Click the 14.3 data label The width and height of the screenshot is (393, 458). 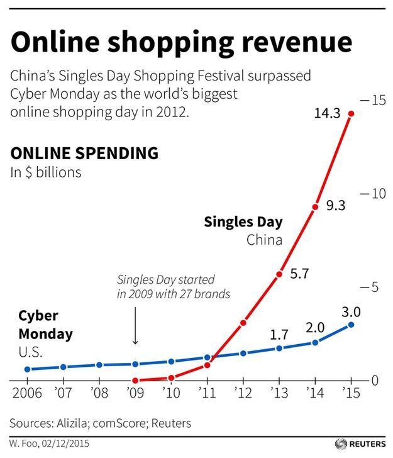click(x=326, y=114)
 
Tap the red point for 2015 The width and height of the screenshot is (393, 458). click(x=351, y=114)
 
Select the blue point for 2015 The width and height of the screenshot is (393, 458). click(x=351, y=325)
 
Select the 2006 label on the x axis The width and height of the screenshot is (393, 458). click(x=28, y=394)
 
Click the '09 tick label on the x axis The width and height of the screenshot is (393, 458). click(x=135, y=394)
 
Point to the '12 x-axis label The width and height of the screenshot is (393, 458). click(x=243, y=394)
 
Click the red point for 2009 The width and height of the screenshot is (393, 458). click(x=135, y=381)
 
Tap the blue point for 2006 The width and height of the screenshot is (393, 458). click(x=27, y=369)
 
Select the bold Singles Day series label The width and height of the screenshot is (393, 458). click(x=243, y=222)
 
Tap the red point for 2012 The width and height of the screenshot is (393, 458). click(x=243, y=322)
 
